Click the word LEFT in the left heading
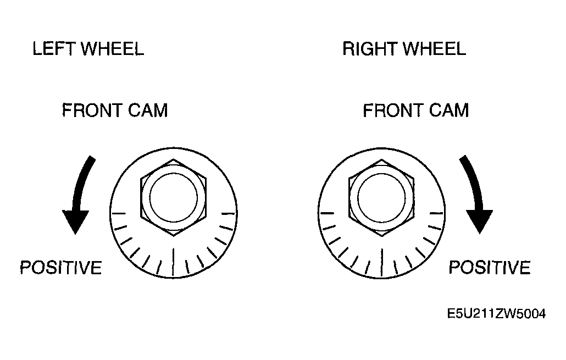(x=54, y=49)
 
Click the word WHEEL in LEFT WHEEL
(x=112, y=49)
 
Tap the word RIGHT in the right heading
(x=370, y=49)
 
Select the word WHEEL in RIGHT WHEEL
(x=434, y=49)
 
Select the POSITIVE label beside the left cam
(x=60, y=268)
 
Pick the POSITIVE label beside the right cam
(x=490, y=268)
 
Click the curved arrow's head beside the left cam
(x=75, y=221)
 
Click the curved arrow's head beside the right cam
(x=479, y=221)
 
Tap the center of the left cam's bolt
(x=173, y=198)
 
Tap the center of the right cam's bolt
(x=381, y=198)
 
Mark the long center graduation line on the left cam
(x=174, y=263)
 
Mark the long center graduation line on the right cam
(x=382, y=263)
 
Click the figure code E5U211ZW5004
(x=496, y=314)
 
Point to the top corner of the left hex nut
(x=173, y=159)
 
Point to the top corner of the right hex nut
(x=381, y=159)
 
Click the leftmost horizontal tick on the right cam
(x=327, y=213)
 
